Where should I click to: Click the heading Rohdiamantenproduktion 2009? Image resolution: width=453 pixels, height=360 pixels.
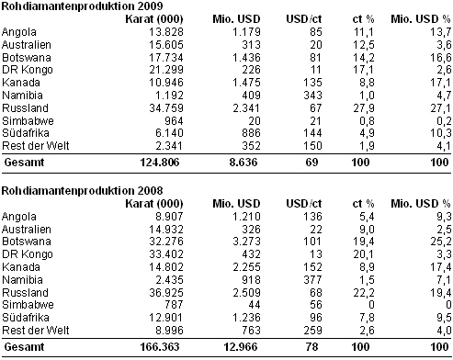point(82,6)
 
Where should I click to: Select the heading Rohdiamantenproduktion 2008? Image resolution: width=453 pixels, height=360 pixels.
point(82,191)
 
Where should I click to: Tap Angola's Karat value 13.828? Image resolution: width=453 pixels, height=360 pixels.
point(166,32)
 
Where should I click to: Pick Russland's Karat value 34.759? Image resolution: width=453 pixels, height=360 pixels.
point(166,108)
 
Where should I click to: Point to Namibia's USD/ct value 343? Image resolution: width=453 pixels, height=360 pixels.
point(312,96)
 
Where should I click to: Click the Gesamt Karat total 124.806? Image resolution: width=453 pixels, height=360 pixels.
point(160,163)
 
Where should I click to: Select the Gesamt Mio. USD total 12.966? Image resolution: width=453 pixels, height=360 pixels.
point(241,347)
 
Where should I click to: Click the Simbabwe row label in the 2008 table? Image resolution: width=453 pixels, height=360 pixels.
point(28,305)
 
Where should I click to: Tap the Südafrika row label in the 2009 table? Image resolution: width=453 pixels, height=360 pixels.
point(26,133)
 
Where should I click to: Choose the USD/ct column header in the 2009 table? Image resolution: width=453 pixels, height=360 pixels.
point(304,19)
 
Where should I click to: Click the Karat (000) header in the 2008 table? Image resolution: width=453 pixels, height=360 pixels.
point(154,204)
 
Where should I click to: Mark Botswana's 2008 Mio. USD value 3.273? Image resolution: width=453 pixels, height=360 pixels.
point(246,242)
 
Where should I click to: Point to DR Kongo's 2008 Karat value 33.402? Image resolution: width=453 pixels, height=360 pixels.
point(166,254)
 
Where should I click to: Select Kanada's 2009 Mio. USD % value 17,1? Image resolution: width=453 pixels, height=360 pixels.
point(441,83)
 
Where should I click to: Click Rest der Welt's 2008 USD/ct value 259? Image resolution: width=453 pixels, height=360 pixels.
point(312,331)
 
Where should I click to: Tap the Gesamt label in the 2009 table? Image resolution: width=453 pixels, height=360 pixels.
point(24,163)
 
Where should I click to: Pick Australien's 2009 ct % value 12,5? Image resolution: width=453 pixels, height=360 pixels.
point(364,45)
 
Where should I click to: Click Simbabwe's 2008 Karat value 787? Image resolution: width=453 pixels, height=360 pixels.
point(174,305)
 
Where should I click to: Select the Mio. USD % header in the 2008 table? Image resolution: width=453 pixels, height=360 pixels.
point(421,204)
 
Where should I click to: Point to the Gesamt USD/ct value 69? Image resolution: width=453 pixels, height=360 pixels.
point(311,163)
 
